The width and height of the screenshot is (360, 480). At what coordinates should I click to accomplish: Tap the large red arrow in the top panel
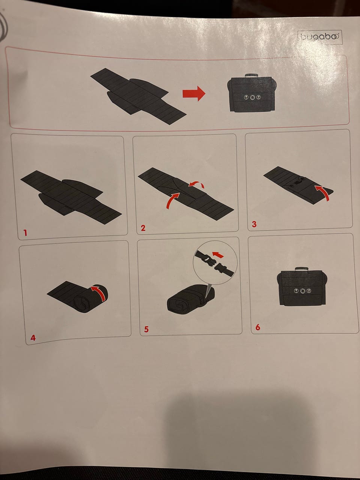tap(194, 94)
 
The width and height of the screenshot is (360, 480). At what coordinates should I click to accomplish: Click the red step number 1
tap(25, 232)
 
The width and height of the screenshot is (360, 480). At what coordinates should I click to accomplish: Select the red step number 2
tap(143, 228)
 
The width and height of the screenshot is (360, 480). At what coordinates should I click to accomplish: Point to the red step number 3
tap(254, 224)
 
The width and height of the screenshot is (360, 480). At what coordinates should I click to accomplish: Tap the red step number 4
tap(33, 338)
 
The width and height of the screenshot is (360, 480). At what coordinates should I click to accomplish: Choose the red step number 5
tap(147, 329)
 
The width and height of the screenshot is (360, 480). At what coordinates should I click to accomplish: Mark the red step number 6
tap(258, 327)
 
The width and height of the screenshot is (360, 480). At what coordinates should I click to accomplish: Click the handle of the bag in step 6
tap(301, 268)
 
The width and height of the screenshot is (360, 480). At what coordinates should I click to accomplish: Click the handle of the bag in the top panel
tap(252, 76)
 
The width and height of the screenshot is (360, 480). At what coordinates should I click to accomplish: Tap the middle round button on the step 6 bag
tap(303, 291)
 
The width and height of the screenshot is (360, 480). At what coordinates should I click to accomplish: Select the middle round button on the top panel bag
tap(253, 97)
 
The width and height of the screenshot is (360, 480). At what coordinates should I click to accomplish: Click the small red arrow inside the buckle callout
tap(218, 255)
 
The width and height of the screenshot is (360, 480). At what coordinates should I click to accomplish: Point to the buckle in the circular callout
tap(214, 264)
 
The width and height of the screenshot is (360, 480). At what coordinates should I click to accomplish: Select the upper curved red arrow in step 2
tap(196, 184)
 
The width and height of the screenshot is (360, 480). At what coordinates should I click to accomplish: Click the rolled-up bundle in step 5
tap(190, 298)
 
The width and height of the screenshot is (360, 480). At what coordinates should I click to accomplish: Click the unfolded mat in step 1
tap(71, 197)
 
